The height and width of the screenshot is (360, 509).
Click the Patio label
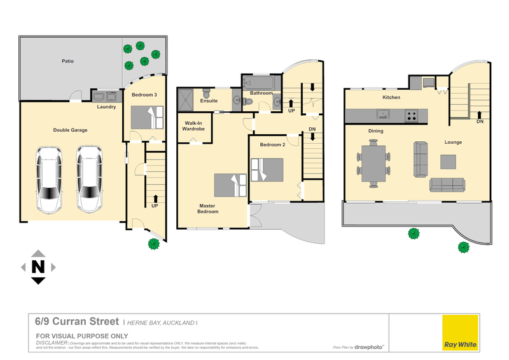pos(67,62)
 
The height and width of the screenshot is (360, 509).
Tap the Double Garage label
pos(70,130)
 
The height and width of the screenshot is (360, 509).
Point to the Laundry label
pos(106,107)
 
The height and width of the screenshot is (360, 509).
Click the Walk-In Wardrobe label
pos(194,125)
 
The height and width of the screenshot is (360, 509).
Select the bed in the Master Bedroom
pos(230,185)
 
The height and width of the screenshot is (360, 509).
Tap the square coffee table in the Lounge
pos(449,162)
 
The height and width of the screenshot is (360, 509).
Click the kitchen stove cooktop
pos(411,116)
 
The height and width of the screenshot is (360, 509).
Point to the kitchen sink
pos(383,115)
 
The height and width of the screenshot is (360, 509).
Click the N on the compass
pos(38,267)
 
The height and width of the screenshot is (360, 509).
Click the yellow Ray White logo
pos(460,333)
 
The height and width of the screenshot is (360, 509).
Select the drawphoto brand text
pos(369,347)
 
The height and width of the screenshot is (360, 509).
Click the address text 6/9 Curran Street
pos(77,322)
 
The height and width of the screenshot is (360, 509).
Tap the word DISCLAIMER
pos(52,342)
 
